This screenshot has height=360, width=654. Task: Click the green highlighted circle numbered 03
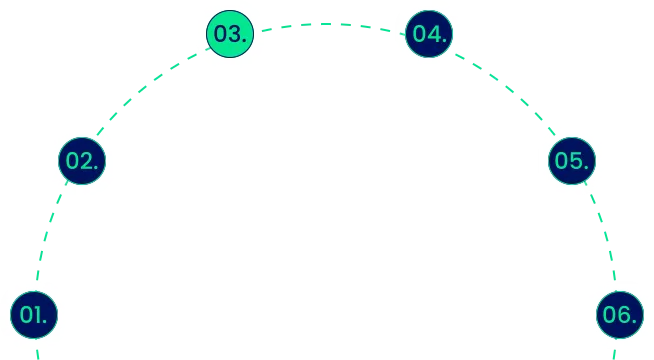tap(229, 34)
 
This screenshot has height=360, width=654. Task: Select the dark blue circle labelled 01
tap(35, 314)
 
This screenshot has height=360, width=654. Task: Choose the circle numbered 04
tap(429, 34)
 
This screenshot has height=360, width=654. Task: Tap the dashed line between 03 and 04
tap(330, 22)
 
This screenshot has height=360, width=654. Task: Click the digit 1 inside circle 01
tap(40, 315)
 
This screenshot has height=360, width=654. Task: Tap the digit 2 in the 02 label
tap(88, 160)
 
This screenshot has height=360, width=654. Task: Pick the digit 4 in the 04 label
tap(435, 34)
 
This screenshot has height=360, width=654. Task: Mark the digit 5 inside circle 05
tap(579, 160)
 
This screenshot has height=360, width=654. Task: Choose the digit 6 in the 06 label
tap(625, 315)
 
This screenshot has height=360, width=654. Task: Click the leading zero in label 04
tap(420, 34)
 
